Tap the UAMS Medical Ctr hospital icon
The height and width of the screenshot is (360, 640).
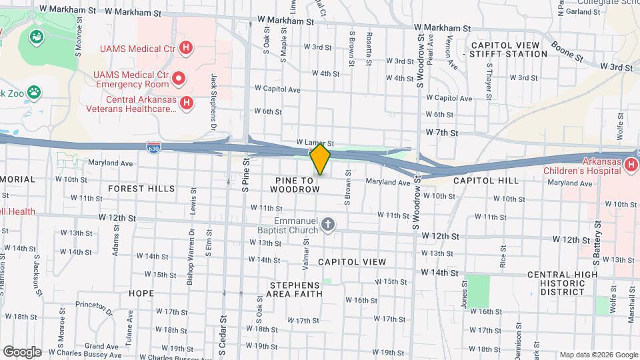[x=187, y=48]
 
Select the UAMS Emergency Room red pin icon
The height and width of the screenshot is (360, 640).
[x=179, y=79]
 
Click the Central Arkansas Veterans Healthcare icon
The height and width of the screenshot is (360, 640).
[x=187, y=103]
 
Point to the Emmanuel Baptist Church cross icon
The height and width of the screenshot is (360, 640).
[x=327, y=225]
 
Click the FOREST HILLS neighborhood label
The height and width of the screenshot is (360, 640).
[x=141, y=189]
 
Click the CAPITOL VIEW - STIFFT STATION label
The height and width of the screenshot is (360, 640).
[x=508, y=49]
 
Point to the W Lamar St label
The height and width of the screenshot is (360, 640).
[x=315, y=143]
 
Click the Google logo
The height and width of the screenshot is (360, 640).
[x=22, y=352]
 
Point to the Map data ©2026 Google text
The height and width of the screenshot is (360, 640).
[x=597, y=355]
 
